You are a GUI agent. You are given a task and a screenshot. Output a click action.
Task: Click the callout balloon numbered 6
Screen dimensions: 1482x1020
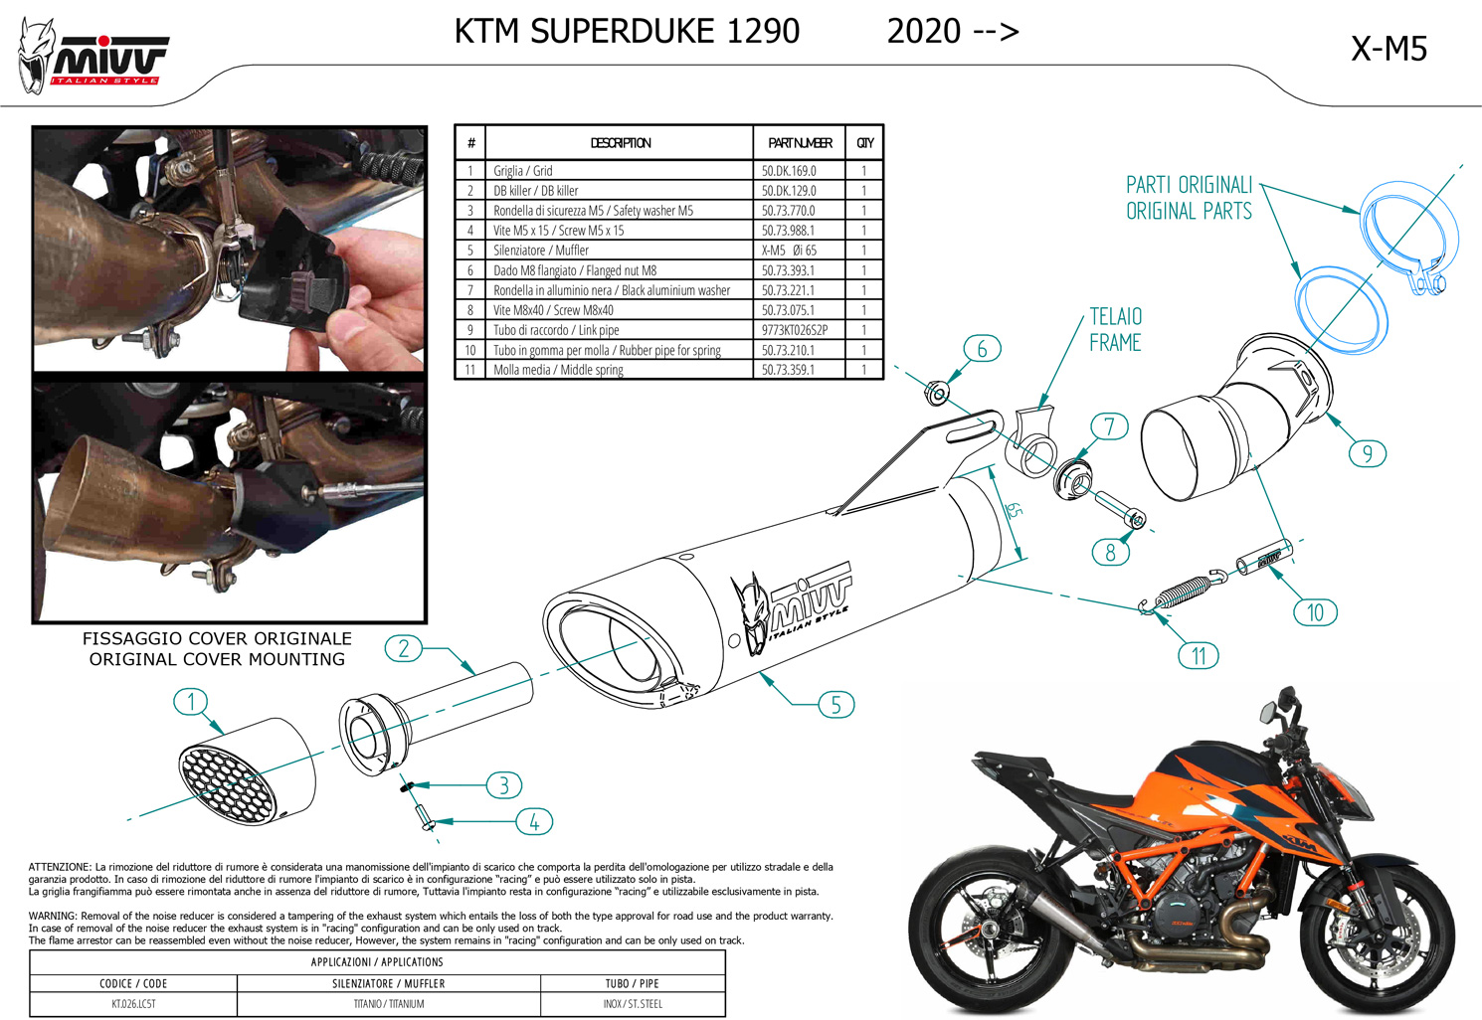(x=982, y=349)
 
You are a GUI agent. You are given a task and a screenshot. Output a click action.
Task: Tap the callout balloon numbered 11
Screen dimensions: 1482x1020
(x=1199, y=656)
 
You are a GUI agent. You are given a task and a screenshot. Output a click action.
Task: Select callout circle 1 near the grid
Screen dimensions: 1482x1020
(x=191, y=701)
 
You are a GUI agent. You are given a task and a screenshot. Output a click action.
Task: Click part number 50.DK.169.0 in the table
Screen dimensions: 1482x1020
(x=789, y=171)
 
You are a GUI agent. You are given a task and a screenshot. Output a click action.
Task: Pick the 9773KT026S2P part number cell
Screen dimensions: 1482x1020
(x=794, y=330)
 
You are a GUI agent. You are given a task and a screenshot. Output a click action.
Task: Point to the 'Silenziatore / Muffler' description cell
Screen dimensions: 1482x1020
(x=540, y=251)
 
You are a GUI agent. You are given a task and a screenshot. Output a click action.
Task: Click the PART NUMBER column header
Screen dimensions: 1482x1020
(x=800, y=143)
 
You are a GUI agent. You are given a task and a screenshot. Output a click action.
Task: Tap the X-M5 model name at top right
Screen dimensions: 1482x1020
(x=1389, y=49)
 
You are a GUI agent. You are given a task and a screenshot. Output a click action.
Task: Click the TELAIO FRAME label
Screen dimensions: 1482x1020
(x=1115, y=329)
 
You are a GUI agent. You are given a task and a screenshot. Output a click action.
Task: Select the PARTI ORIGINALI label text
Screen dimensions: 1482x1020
(x=1189, y=185)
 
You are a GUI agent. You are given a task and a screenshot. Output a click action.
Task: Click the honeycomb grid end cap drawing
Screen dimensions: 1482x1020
(x=248, y=771)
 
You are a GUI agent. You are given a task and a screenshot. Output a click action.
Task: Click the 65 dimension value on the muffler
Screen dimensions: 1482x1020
(x=1014, y=510)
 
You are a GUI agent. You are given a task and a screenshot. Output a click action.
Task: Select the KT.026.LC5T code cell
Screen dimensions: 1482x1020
(x=133, y=1003)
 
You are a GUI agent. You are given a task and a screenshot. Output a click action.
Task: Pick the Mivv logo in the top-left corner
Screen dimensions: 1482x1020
(x=93, y=57)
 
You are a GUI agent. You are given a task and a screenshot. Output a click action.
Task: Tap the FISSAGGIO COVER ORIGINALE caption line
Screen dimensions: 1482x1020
(x=217, y=638)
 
